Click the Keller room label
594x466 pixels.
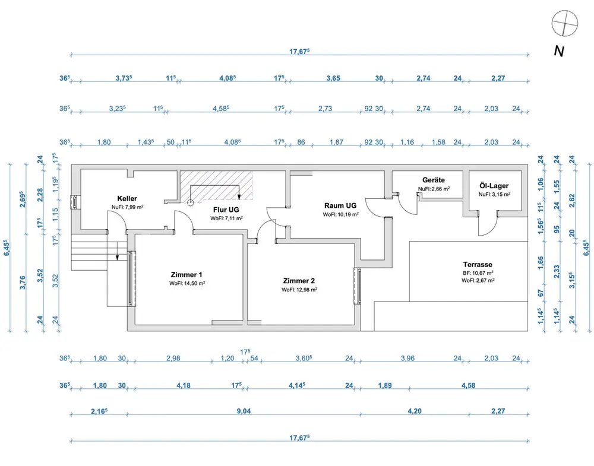pyautogui.click(x=127, y=198)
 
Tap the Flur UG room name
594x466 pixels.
pyautogui.click(x=226, y=210)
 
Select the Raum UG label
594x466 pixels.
pyautogui.click(x=340, y=205)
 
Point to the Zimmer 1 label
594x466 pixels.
pyautogui.click(x=187, y=275)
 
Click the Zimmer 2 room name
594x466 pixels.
pyautogui.click(x=299, y=281)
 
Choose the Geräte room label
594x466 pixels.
pyautogui.click(x=433, y=180)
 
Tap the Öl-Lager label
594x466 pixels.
pyautogui.click(x=494, y=185)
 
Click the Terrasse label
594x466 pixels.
pyautogui.click(x=478, y=265)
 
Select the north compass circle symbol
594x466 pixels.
pyautogui.click(x=564, y=24)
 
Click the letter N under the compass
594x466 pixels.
pyautogui.click(x=558, y=51)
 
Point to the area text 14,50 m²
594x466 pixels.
pyautogui.click(x=187, y=283)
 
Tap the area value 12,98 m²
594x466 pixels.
pyautogui.click(x=299, y=290)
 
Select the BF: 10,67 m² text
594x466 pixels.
pyautogui.click(x=478, y=273)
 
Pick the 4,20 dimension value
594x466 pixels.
pyautogui.click(x=414, y=411)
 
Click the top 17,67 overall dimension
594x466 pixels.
pyautogui.click(x=299, y=52)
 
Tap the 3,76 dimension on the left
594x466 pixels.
pyautogui.click(x=22, y=284)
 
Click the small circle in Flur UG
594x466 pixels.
pyautogui.click(x=190, y=202)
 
